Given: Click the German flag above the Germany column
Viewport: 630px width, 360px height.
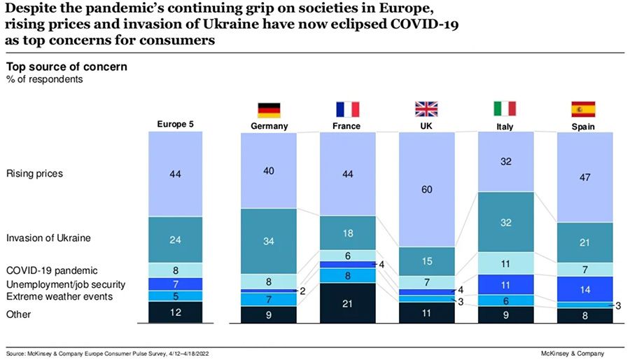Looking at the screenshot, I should pos(269,109).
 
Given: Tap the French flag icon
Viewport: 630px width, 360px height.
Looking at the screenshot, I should pos(347,109).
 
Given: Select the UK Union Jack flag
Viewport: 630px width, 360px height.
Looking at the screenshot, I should pos(426,109).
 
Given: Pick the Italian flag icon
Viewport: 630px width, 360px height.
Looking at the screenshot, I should pos(505,109).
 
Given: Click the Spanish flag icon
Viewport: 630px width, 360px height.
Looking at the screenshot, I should pos(584,109).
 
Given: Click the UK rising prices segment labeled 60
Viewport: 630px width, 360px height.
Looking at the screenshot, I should pos(426,189).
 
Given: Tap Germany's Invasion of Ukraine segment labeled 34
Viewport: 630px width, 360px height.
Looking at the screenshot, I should pos(269,242).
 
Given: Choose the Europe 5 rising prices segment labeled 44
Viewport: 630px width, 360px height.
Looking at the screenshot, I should pos(175,174).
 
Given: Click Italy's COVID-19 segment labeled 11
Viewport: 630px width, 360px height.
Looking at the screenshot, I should pos(505,263).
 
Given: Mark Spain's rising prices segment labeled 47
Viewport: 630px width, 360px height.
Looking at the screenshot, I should pos(584,177).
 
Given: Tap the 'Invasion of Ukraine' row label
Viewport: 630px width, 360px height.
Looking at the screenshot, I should pos(48,238).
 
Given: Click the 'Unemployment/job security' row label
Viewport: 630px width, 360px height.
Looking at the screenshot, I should pos(65,284).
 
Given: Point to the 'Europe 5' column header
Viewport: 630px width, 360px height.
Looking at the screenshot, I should pos(175,125).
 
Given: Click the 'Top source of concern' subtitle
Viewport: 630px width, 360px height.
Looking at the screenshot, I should pos(66,67).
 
